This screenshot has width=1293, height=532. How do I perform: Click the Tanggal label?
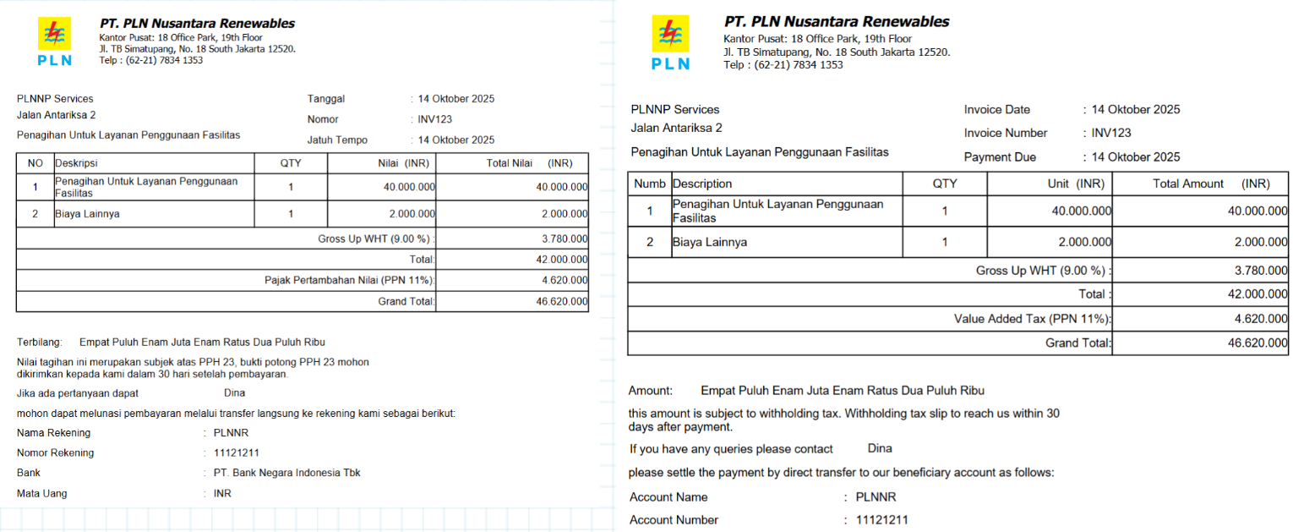326,99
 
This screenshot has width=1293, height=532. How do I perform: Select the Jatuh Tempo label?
337,140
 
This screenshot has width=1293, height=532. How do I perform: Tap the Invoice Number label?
1006,133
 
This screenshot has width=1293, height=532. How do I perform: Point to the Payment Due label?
1000,157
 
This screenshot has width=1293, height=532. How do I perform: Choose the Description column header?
702,184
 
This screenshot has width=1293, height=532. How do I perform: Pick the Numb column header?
650,184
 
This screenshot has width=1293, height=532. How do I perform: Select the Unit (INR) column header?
1075,184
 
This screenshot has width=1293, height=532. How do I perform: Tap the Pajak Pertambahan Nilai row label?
349,280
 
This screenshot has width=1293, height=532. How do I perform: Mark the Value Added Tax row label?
1033,319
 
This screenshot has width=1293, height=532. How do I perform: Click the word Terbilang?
40,343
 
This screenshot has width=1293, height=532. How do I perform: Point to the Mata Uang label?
41,493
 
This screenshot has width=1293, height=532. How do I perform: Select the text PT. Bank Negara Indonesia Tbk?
287,473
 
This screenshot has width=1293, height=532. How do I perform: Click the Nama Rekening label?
53,433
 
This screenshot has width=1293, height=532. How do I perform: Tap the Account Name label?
668,497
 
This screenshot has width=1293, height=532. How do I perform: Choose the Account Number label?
674,520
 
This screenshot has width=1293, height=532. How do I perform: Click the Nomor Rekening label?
55,453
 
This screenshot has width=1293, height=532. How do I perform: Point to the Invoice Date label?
997,110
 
